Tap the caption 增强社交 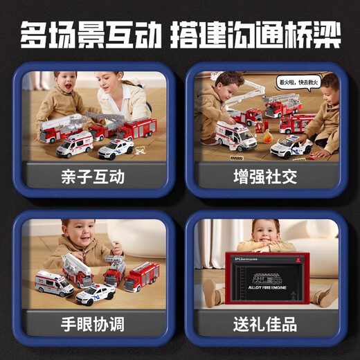coord(265,177)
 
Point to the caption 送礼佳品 coord(265,323)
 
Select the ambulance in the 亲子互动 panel coord(75,144)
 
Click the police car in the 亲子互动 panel coord(116,148)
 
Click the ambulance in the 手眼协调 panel coord(53,283)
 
